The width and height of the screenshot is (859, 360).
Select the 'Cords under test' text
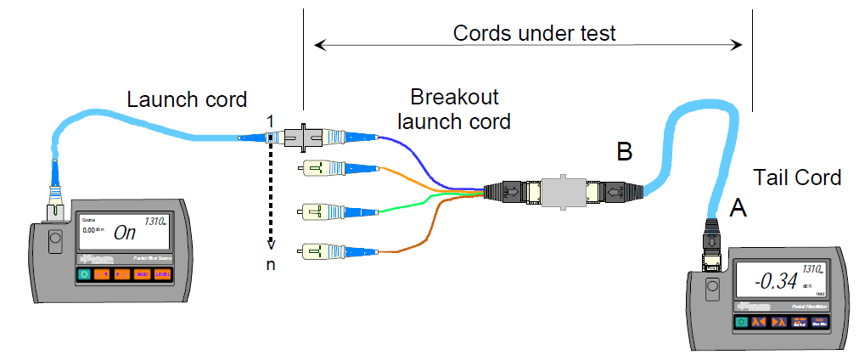pos(534,33)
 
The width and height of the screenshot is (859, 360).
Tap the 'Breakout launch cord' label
pos(460,108)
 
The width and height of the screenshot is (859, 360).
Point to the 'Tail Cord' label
pos(797,177)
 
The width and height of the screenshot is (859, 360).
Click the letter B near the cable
pos(625,152)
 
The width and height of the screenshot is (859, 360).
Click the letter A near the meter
pos(738,206)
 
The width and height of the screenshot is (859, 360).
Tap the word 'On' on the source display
pos(125,232)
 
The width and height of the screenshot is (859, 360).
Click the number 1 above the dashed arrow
pos(270,123)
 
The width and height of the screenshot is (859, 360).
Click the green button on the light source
pos(84,274)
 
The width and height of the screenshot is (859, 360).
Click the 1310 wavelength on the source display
pos(154,222)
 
